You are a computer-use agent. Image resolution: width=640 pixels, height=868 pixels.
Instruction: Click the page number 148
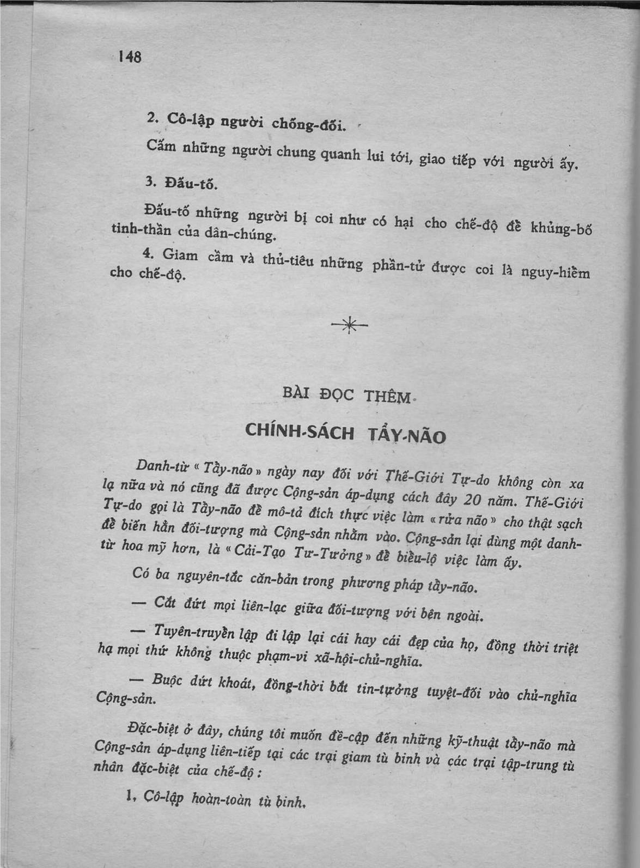130,56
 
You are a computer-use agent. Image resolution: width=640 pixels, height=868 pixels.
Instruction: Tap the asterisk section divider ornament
350,326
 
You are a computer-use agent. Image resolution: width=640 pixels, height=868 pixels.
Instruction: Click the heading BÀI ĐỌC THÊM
347,393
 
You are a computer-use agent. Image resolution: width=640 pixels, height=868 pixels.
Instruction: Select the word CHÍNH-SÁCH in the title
300,431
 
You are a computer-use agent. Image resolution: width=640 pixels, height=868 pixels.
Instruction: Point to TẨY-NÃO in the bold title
407,435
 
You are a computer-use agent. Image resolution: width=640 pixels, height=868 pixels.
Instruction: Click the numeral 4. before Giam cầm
146,253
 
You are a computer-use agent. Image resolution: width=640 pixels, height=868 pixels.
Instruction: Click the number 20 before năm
472,498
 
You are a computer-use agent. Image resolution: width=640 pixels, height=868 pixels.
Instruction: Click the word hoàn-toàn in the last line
222,799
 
